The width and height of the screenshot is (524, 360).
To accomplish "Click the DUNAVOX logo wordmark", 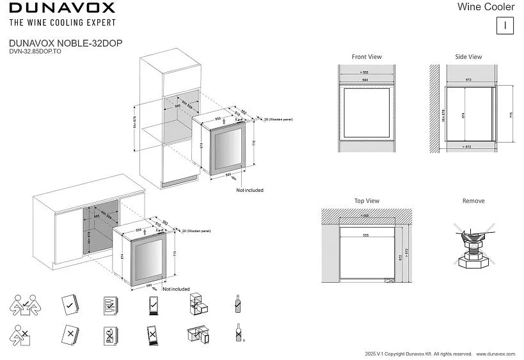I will (61, 8).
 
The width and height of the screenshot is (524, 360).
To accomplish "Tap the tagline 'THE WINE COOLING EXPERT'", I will (61, 22).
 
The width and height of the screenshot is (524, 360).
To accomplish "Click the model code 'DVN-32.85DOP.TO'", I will (35, 51).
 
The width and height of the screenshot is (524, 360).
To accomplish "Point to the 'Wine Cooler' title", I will (486, 7).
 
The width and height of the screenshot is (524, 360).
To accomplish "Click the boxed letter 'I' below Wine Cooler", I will (505, 26).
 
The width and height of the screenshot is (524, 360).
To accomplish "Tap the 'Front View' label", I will (367, 57).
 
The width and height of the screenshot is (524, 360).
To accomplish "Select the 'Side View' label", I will (468, 57).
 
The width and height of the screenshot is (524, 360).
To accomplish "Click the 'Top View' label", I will (367, 201).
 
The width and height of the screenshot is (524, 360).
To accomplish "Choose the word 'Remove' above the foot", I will (473, 201).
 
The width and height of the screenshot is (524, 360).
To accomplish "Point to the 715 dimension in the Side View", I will (510, 115).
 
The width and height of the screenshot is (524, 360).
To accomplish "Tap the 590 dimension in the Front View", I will (364, 80).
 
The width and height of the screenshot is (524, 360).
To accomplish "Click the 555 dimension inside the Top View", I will (365, 235).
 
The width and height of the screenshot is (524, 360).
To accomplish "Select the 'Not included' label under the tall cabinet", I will (250, 190).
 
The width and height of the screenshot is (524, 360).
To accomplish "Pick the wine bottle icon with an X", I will (238, 334).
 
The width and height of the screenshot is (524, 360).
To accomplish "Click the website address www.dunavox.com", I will (496, 354).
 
